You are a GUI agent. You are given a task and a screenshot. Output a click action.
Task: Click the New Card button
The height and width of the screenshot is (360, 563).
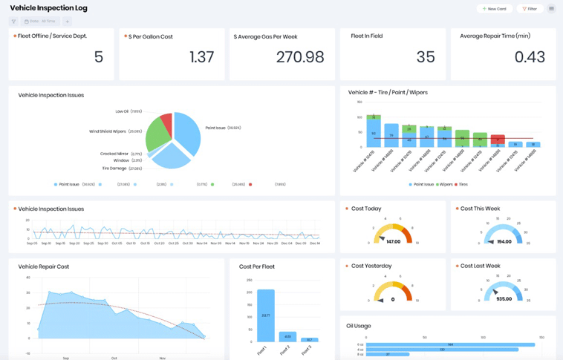pyautogui.click(x=494, y=9)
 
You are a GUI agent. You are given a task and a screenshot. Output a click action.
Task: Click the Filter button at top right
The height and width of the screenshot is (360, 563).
pyautogui.click(x=530, y=9)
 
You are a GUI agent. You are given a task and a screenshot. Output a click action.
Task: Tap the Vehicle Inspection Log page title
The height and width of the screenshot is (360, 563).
pyautogui.click(x=48, y=8)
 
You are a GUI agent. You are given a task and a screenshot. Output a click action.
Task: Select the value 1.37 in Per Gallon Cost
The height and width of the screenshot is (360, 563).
pyautogui.click(x=201, y=57)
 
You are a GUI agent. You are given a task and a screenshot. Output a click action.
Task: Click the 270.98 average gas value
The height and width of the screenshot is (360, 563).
pyautogui.click(x=300, y=57)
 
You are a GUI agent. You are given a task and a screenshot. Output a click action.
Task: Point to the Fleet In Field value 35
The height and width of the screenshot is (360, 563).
pyautogui.click(x=426, y=57)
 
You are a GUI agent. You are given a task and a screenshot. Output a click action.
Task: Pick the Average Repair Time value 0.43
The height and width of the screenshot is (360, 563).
pyautogui.click(x=530, y=57)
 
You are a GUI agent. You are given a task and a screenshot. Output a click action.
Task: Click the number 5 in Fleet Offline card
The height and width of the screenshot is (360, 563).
pyautogui.click(x=99, y=57)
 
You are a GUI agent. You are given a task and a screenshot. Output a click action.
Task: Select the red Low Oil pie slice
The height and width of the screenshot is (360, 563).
pyautogui.click(x=167, y=122)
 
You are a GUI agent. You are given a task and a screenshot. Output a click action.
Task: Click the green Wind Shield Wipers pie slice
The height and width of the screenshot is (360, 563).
pyautogui.click(x=157, y=136)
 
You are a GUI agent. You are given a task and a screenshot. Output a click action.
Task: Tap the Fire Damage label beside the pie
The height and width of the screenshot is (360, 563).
pyautogui.click(x=114, y=168)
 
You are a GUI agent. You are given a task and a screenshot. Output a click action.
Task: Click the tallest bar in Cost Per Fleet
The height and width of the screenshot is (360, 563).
pyautogui.click(x=265, y=315)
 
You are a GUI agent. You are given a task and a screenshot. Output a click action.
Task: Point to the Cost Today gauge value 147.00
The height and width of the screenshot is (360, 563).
pyautogui.click(x=393, y=241)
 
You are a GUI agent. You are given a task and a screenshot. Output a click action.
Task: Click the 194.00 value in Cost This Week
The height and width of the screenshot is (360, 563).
pyautogui.click(x=504, y=241)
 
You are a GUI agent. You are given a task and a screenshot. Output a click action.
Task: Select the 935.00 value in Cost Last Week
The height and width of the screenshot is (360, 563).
pyautogui.click(x=504, y=298)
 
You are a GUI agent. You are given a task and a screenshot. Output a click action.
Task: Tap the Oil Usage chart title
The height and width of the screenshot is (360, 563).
pyautogui.click(x=358, y=326)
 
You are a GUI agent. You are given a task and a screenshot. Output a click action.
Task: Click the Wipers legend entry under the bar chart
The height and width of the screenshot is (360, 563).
pyautogui.click(x=444, y=184)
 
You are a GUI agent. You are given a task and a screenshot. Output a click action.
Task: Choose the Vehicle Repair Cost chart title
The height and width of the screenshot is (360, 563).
pyautogui.click(x=43, y=266)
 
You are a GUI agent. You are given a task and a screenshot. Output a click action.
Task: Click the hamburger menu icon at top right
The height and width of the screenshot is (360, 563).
pyautogui.click(x=551, y=9)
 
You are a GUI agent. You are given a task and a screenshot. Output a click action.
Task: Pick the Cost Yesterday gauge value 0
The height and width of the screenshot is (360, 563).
pyautogui.click(x=393, y=299)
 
